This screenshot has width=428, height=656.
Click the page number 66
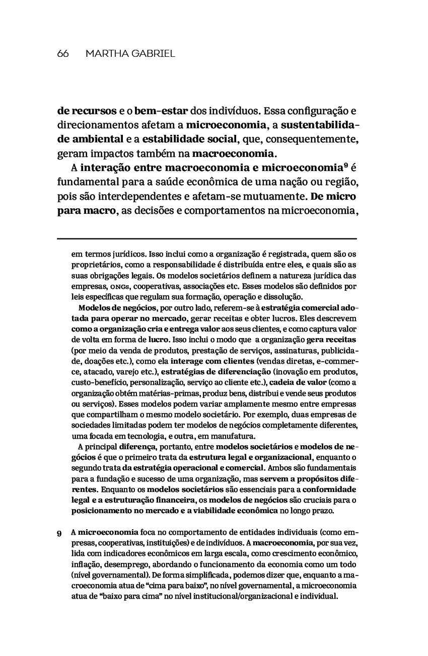(63, 54)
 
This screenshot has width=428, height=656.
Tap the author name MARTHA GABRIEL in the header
(130, 54)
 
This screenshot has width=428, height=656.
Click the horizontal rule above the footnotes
(206, 238)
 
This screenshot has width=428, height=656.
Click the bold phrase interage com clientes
(212, 361)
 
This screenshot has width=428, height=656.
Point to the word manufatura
(234, 436)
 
